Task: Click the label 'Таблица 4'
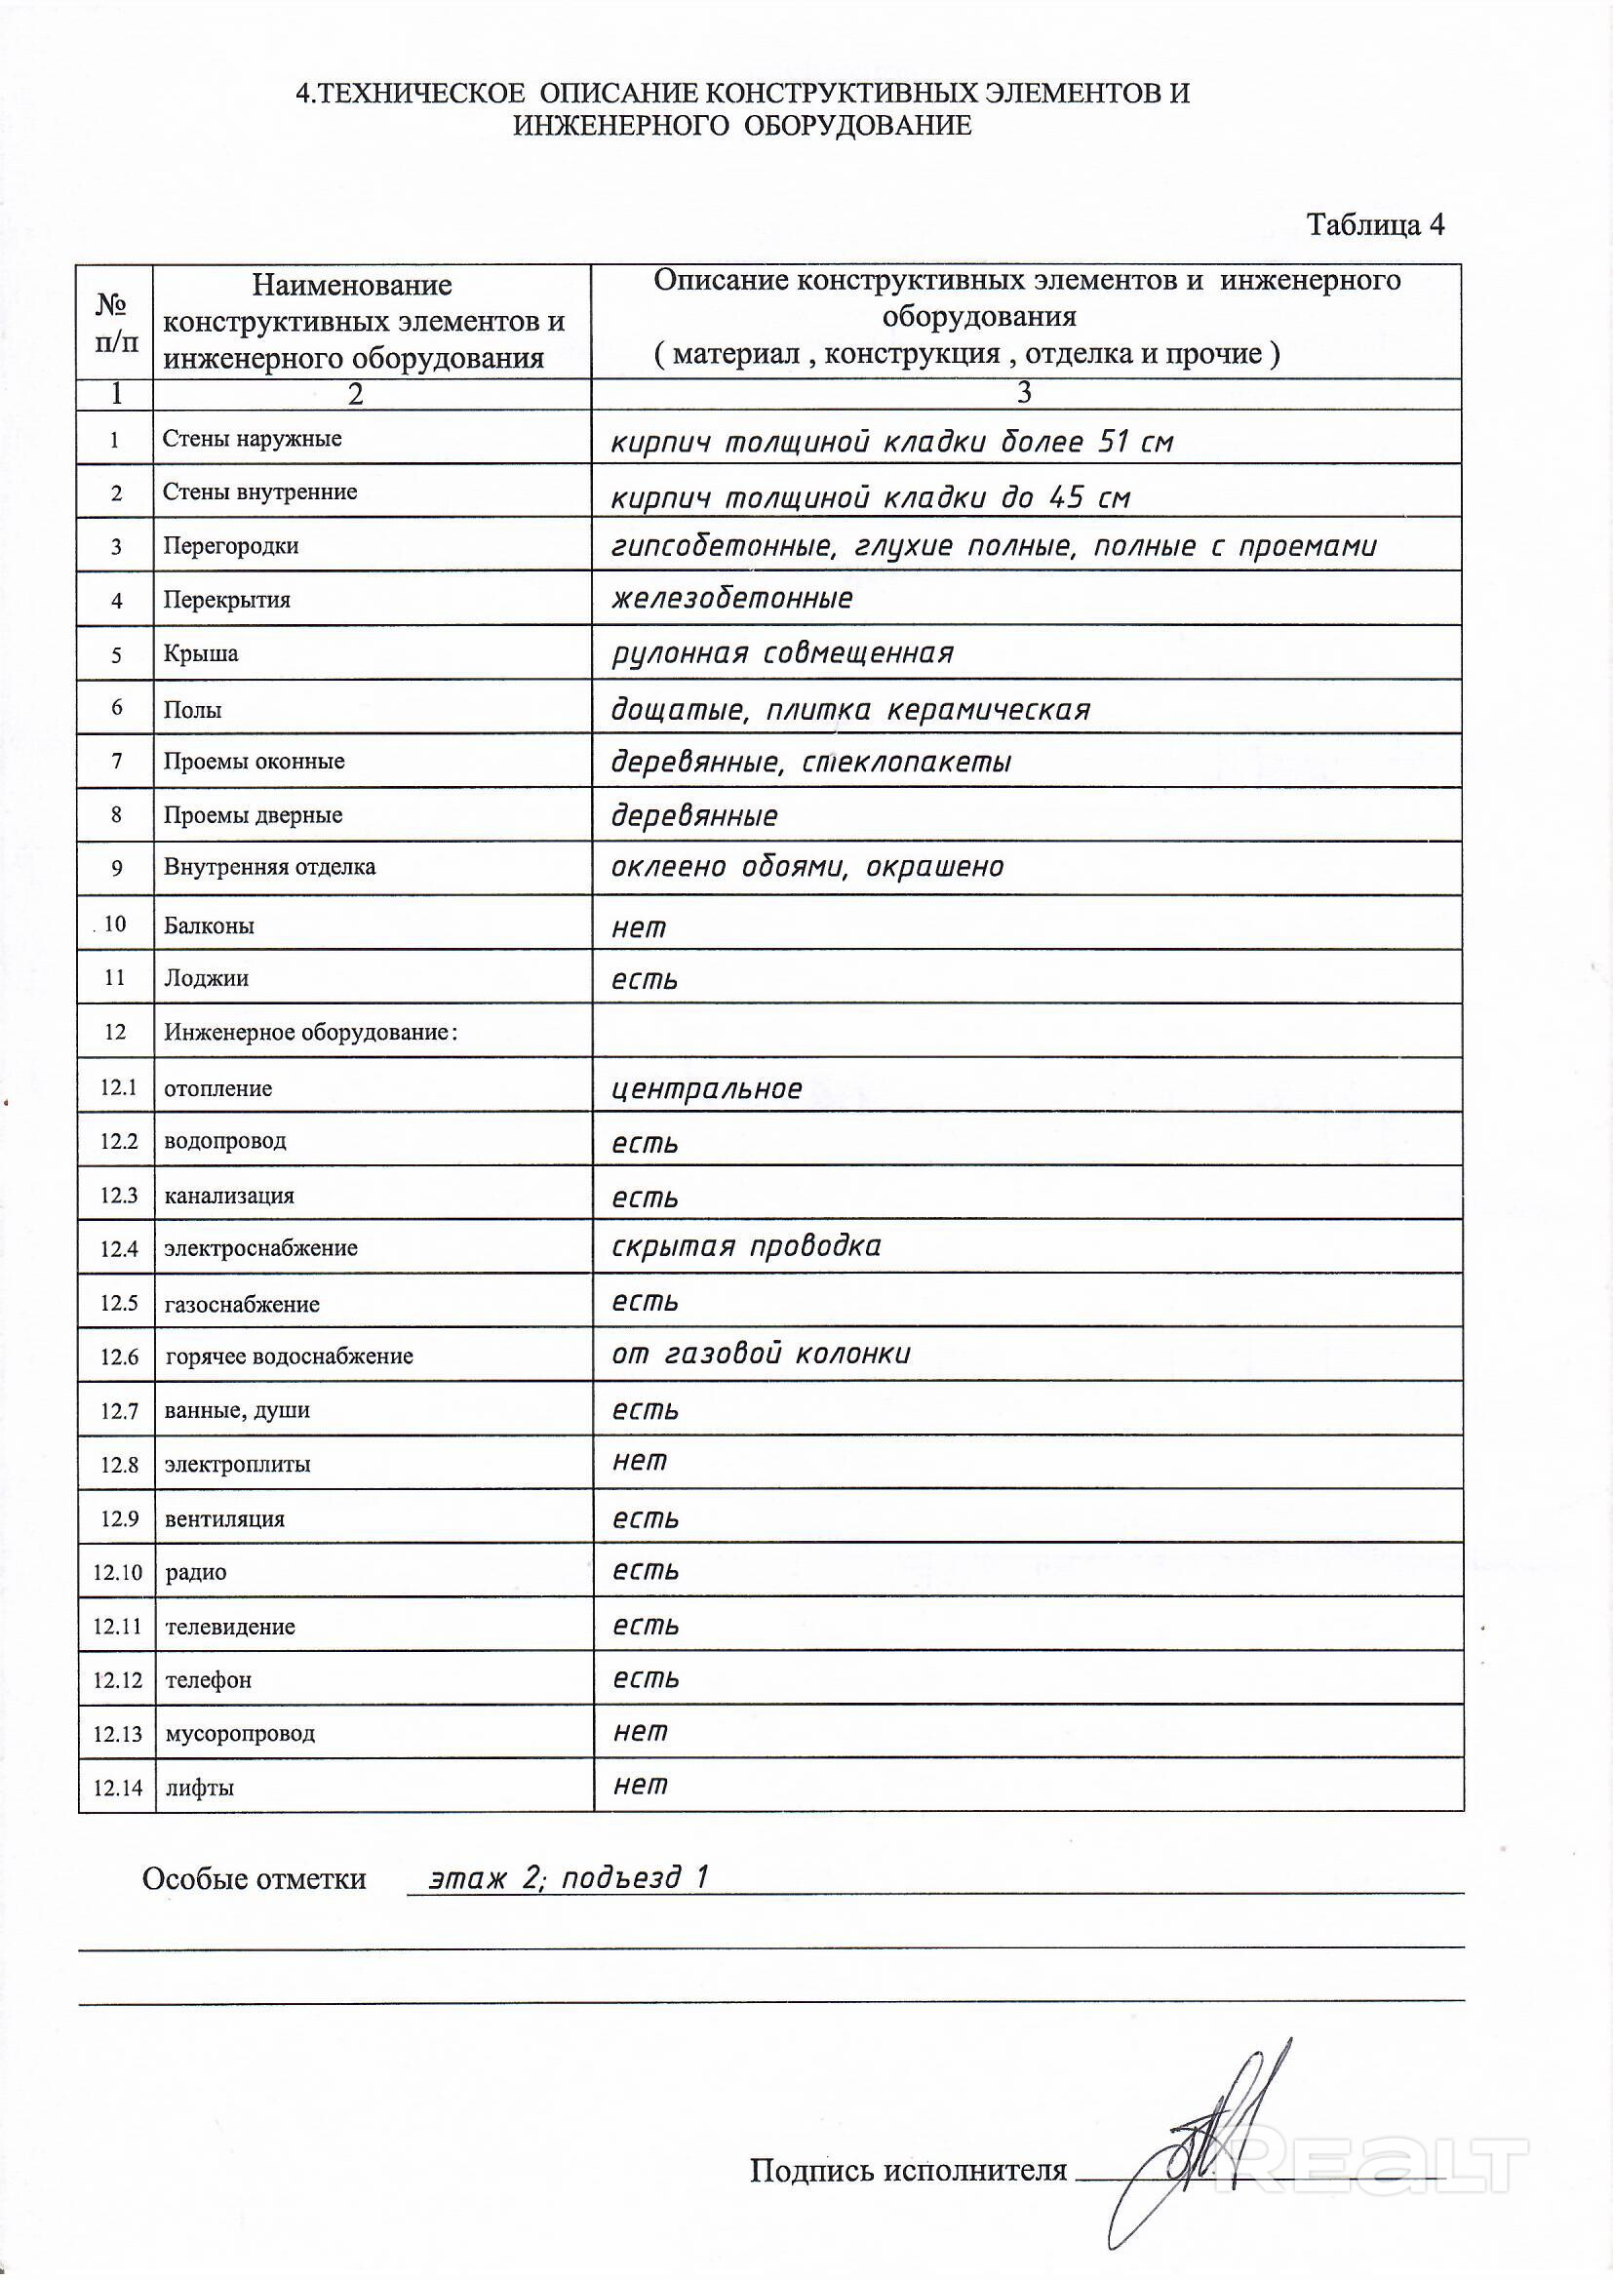click(1375, 224)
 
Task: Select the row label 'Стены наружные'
click(253, 439)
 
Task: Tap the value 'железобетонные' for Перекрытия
click(732, 599)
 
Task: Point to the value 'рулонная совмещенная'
click(782, 653)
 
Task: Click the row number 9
click(116, 868)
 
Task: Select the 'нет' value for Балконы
click(639, 927)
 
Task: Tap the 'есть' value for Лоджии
click(645, 981)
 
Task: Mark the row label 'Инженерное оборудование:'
click(311, 1032)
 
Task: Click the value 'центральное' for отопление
click(706, 1089)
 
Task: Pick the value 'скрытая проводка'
click(746, 1246)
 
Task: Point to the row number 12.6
click(119, 1356)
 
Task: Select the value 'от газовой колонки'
click(761, 1354)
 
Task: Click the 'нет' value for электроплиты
click(640, 1461)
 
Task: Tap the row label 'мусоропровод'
click(240, 1733)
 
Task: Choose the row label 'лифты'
click(200, 1788)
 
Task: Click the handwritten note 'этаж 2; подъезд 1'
click(569, 1878)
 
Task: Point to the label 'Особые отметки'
click(255, 1879)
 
